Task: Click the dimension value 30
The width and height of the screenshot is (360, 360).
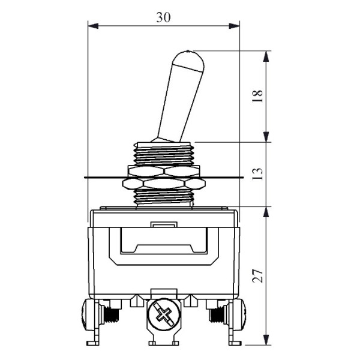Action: pyautogui.click(x=163, y=17)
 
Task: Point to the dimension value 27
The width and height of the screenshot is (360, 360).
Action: pyautogui.click(x=257, y=275)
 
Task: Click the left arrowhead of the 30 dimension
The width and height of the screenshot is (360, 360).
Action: pyautogui.click(x=93, y=26)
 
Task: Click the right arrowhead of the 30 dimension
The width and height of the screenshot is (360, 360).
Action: pyautogui.click(x=234, y=26)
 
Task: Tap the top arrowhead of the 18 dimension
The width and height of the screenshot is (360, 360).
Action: pyautogui.click(x=266, y=56)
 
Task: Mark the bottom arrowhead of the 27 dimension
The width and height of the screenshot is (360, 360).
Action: pyautogui.click(x=266, y=340)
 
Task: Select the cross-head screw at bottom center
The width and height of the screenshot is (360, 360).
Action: pyautogui.click(x=164, y=314)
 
